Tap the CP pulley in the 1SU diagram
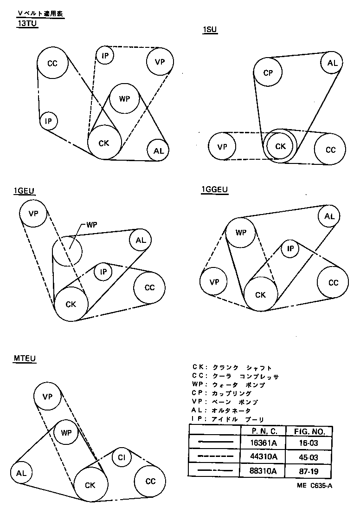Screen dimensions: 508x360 click(x=268, y=73)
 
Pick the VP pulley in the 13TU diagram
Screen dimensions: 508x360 click(x=160, y=62)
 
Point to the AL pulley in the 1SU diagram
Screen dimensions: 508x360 click(x=332, y=63)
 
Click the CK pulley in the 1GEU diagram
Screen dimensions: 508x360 click(x=71, y=304)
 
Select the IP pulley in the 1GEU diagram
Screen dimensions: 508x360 click(x=103, y=272)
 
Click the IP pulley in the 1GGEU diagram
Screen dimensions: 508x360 click(x=290, y=249)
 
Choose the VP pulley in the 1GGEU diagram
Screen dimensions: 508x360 click(x=214, y=282)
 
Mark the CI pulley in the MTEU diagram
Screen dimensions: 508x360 click(x=122, y=458)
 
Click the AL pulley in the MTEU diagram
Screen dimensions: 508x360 click(x=21, y=473)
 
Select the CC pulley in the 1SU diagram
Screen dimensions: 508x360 click(x=330, y=150)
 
